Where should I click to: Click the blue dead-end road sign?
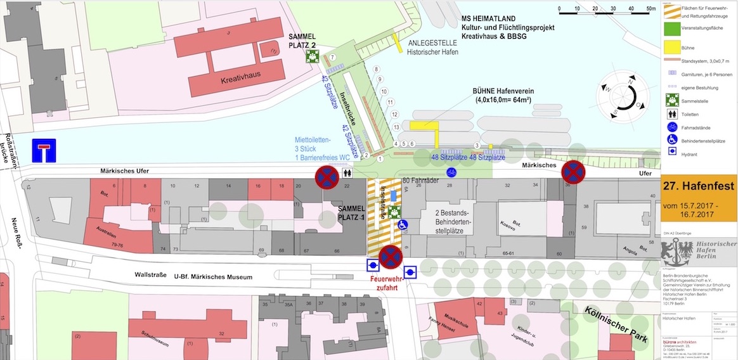(x=43, y=151)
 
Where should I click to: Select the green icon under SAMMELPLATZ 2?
(x=311, y=56)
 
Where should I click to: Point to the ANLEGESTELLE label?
(x=432, y=43)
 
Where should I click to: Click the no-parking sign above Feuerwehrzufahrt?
(x=391, y=257)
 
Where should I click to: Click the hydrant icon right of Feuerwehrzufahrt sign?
(x=410, y=273)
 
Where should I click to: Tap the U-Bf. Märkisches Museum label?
(x=209, y=277)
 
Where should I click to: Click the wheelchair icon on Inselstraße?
(x=402, y=224)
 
